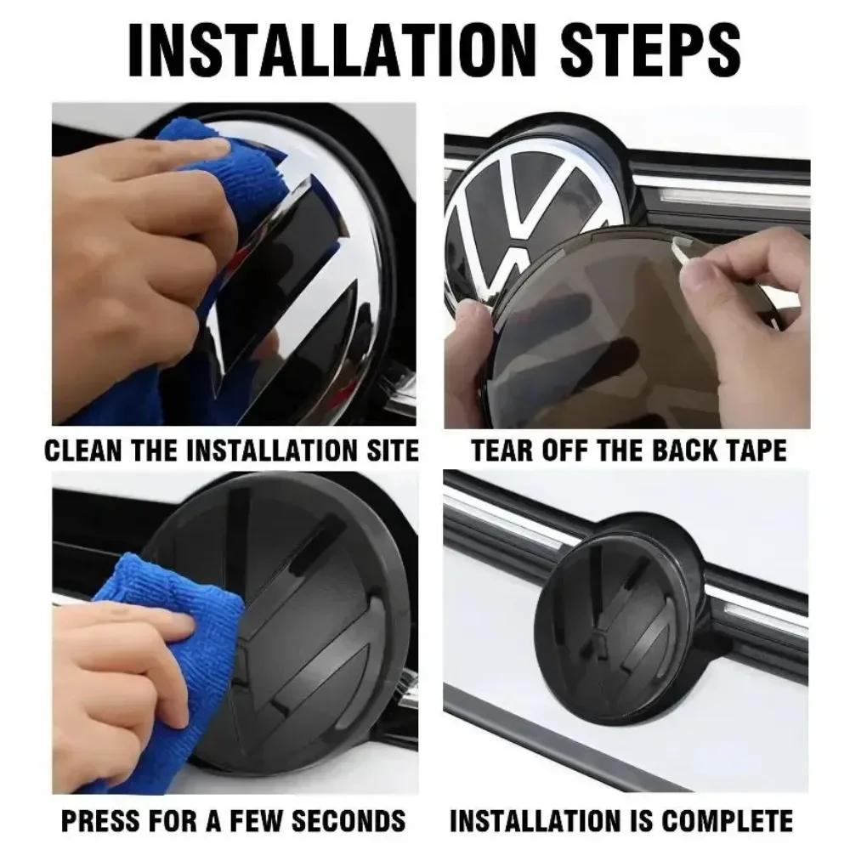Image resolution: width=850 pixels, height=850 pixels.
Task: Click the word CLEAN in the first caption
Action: [x=80, y=450]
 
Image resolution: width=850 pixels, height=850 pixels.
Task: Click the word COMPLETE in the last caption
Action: [x=727, y=820]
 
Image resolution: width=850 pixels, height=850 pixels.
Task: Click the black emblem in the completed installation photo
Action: [x=616, y=629]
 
